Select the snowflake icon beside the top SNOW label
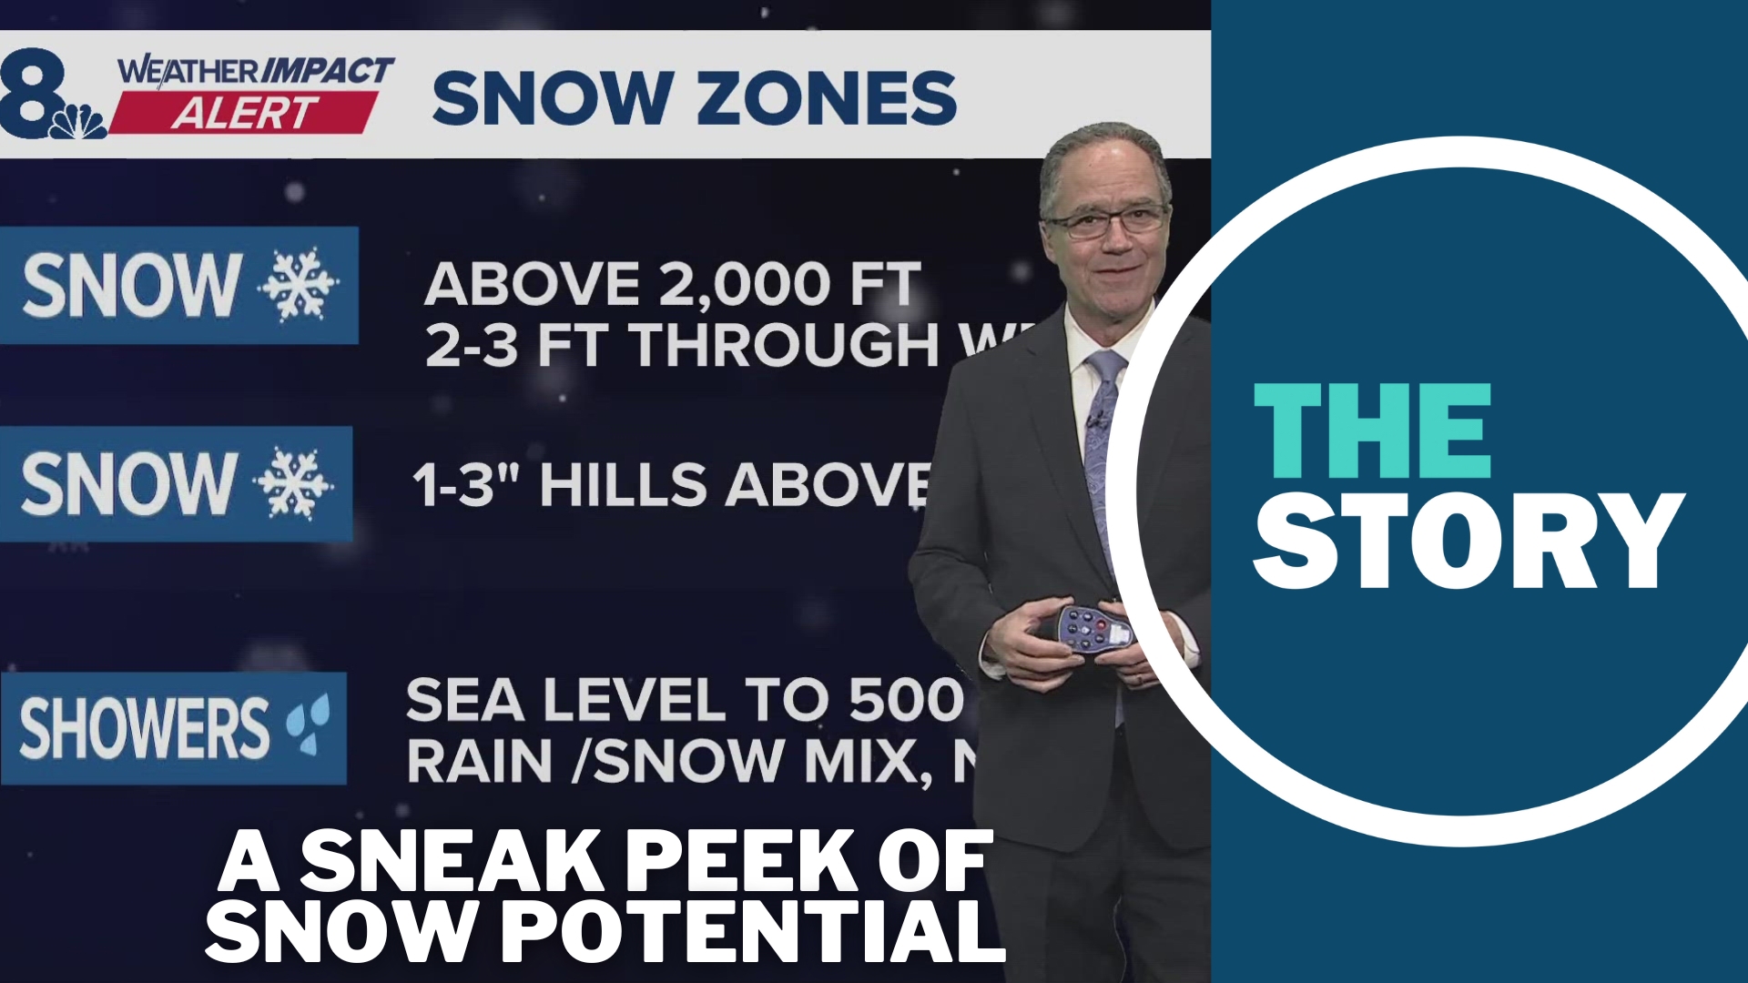pyautogui.click(x=298, y=284)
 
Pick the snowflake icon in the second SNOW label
pyautogui.click(x=292, y=483)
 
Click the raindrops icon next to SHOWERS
pyautogui.click(x=307, y=726)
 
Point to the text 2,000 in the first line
pyautogui.click(x=743, y=284)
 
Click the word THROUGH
pyautogui.click(x=785, y=347)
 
